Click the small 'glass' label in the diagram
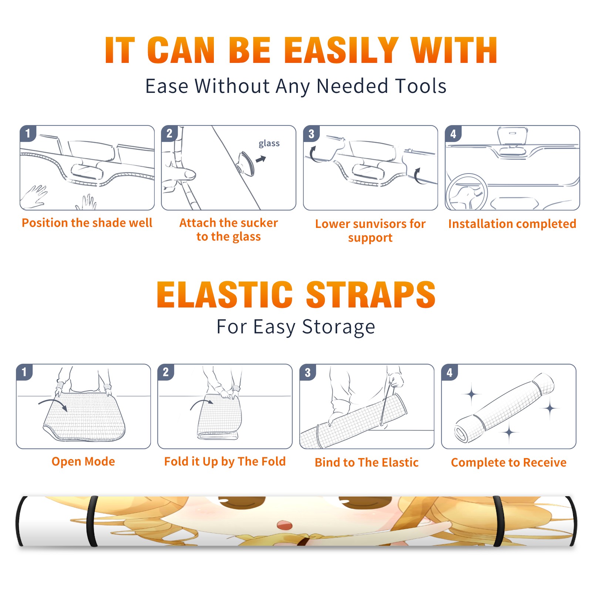coord(269,144)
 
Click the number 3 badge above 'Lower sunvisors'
coord(311,134)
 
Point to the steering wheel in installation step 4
coord(467,193)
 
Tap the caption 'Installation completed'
coord(512,223)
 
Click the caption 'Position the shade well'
coord(87,223)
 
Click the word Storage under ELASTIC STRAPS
coord(339,327)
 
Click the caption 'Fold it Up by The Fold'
coord(225,461)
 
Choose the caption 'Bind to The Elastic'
coord(367,462)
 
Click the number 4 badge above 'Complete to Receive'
coord(450,372)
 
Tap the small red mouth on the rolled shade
coord(285,525)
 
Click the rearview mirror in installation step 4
coord(512,136)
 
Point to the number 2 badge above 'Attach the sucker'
coord(169,134)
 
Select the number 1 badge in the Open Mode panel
coord(24,372)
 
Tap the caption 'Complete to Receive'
coord(509,462)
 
